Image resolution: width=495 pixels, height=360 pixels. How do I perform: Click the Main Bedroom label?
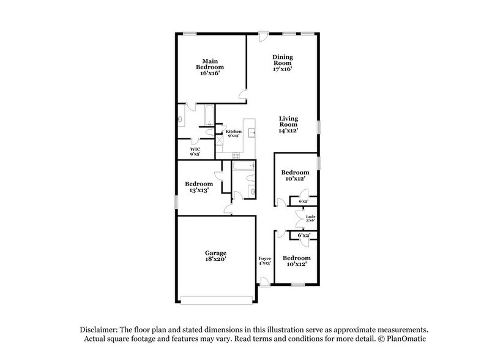[210, 66]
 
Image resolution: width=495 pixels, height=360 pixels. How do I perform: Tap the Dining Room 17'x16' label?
[282, 62]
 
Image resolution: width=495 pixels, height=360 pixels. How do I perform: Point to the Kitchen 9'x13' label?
[234, 134]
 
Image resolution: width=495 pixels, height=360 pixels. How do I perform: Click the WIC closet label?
[195, 151]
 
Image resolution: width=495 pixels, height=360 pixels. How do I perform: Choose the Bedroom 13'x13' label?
[199, 187]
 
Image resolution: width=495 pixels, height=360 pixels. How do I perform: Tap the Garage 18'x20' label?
[216, 257]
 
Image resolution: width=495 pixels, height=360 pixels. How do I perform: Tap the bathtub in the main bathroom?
[208, 114]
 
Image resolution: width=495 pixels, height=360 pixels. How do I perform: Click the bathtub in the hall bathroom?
[242, 166]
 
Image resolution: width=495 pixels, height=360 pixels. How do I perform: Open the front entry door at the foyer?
[264, 282]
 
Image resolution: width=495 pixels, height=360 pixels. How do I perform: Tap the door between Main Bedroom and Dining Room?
[243, 97]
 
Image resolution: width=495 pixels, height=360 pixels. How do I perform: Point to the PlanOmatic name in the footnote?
[405, 339]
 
